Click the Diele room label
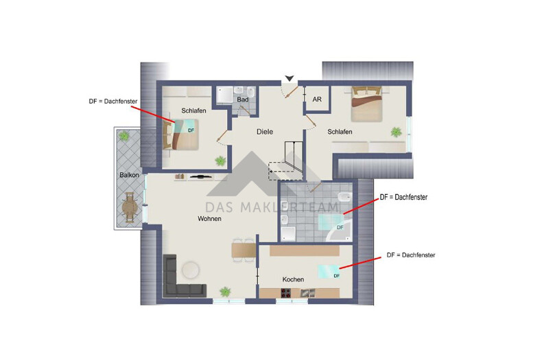tap(265, 132)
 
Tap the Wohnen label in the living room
tap(209, 219)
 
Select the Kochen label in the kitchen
tap(293, 279)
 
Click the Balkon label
tap(129, 175)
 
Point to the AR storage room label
tap(317, 99)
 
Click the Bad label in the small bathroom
tap(243, 99)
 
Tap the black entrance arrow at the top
tap(289, 78)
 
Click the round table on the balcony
tap(130, 208)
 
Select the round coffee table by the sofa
tap(191, 270)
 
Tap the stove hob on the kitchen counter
tap(286, 293)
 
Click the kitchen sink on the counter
tap(307, 293)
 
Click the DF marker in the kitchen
tap(337, 276)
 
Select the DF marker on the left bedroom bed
tap(191, 130)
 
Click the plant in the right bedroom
tap(397, 132)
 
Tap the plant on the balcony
tap(123, 135)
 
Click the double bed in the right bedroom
tap(367, 104)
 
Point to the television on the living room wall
tap(200, 176)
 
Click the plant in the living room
tap(225, 292)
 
